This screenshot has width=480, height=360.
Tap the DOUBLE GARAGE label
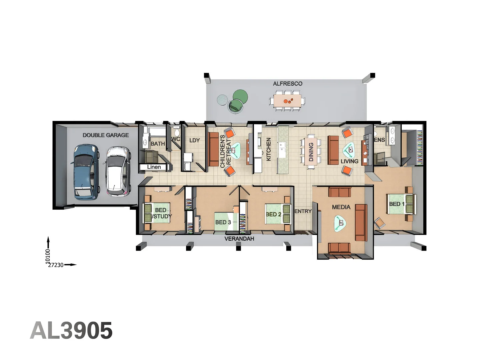(x=106, y=135)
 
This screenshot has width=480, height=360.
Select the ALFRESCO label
(x=287, y=84)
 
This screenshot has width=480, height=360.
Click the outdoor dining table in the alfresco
(x=287, y=101)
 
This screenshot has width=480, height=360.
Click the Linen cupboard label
(x=154, y=167)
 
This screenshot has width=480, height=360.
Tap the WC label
(x=176, y=139)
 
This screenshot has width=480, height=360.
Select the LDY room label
(x=194, y=140)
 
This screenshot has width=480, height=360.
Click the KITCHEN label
(x=269, y=149)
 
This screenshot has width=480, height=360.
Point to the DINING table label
(x=311, y=152)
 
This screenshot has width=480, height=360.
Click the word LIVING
(x=349, y=161)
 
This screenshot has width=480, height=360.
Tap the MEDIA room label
(x=341, y=207)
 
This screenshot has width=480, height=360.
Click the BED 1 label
(x=396, y=204)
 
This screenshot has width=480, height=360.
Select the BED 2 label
(x=273, y=214)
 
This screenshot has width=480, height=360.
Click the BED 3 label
(x=223, y=222)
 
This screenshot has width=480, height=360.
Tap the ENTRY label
(x=303, y=211)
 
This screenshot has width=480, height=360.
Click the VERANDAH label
(x=239, y=239)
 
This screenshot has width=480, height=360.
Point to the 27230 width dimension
(x=56, y=265)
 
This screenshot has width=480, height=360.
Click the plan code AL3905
(x=71, y=331)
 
